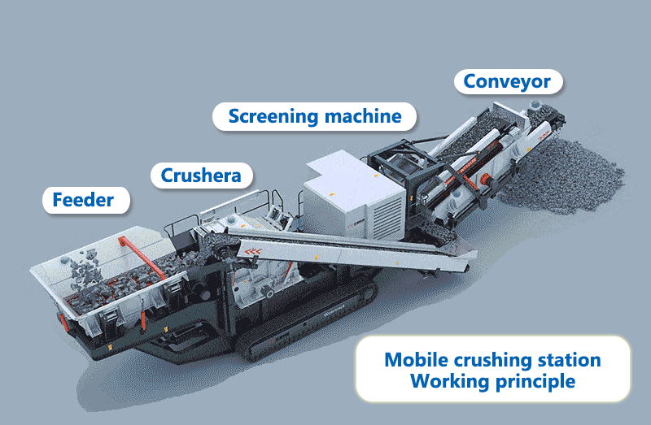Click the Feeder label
pyautogui.click(x=83, y=199)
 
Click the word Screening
pyautogui.click(x=273, y=116)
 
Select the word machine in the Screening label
pyautogui.click(x=363, y=116)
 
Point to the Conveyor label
pyautogui.click(x=507, y=81)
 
